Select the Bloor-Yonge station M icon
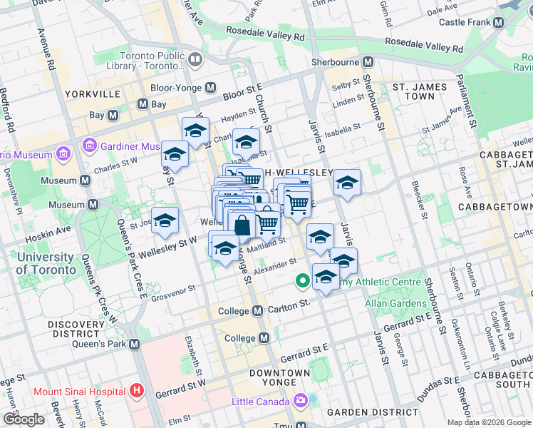coord(211,88)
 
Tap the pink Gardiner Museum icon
coord(90,146)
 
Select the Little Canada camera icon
coord(301,402)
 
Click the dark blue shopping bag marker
coord(242,225)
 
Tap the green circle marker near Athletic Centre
coord(302,282)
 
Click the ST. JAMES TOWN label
coord(420,91)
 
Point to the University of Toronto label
coord(46,263)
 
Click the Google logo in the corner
coord(24,419)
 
